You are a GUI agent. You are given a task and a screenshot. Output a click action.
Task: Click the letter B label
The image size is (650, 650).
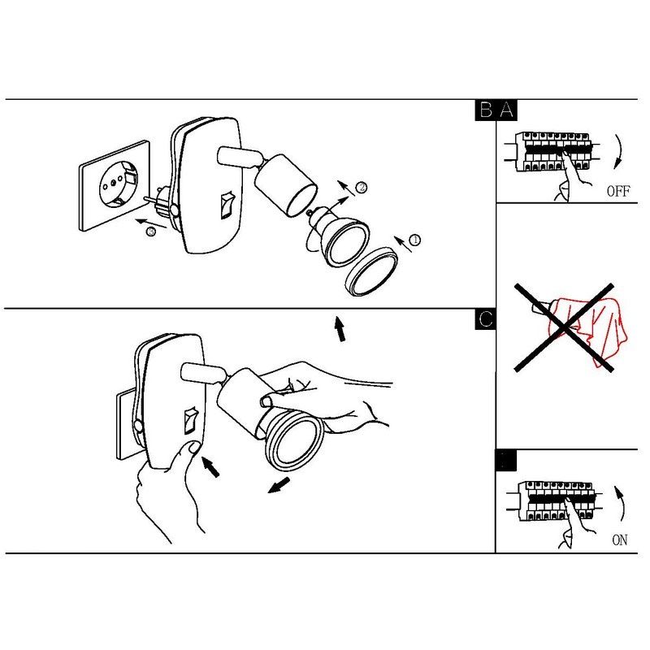point(486,110)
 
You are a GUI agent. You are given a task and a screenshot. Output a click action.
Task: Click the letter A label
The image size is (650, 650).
point(507,110)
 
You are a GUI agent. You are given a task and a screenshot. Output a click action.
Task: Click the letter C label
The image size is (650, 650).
point(485,319)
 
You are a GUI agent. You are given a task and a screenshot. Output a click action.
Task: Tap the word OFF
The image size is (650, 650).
point(618,191)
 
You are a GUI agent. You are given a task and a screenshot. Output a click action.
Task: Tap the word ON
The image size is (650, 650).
point(620,539)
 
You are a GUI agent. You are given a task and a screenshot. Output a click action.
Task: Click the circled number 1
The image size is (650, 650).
point(414,240)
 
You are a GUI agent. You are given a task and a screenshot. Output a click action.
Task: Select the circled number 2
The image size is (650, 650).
point(362,188)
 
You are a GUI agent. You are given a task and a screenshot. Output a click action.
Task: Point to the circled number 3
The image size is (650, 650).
point(151,232)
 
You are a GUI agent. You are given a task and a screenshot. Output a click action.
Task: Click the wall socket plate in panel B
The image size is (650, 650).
point(115,185)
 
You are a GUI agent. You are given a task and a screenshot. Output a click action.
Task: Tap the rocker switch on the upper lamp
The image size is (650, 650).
point(226,205)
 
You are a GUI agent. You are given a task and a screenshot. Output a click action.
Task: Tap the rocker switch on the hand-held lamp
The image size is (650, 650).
point(190,420)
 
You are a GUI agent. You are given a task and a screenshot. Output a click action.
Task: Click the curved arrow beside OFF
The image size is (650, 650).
point(620,151)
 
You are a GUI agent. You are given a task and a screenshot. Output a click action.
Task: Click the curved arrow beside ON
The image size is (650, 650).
point(621,503)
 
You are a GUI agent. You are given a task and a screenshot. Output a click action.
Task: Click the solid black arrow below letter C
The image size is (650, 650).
point(340,329)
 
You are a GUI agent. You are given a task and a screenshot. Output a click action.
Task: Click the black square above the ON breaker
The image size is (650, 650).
point(506,460)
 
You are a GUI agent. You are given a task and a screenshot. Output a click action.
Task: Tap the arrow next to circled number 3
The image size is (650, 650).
point(151,223)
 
